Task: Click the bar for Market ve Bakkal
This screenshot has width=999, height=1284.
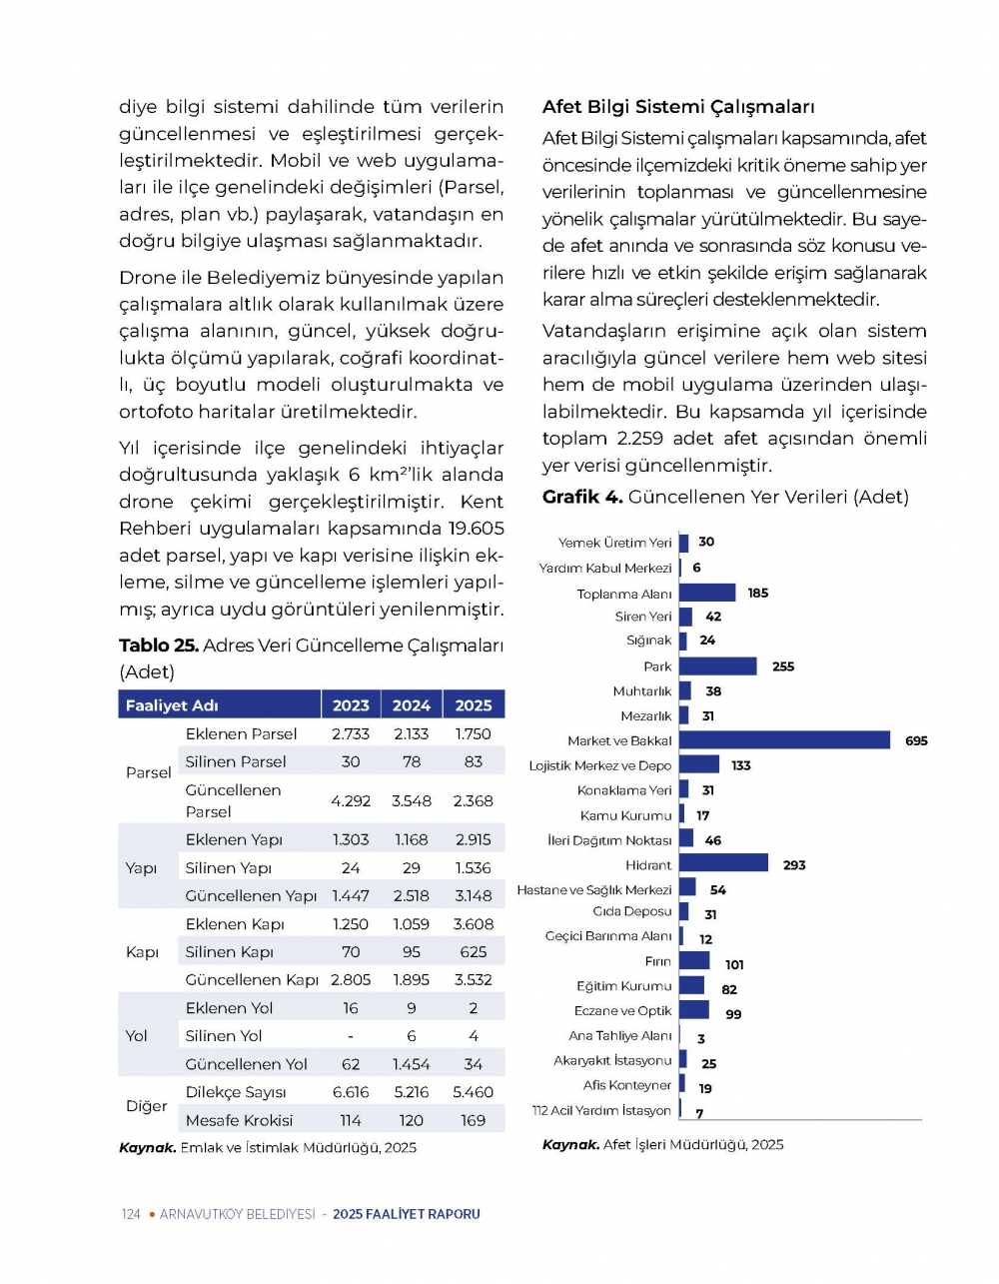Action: (784, 740)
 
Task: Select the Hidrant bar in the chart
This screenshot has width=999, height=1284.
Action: (723, 864)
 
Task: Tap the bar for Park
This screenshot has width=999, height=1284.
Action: (717, 666)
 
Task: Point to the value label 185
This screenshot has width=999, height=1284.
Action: (758, 594)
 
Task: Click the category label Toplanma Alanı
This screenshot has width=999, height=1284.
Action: (624, 595)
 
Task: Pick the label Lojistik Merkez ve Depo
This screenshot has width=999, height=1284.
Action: (600, 766)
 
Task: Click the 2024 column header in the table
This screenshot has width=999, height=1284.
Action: (412, 705)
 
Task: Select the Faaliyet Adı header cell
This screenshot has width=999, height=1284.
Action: (172, 705)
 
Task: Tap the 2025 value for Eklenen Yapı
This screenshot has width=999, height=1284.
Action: (474, 840)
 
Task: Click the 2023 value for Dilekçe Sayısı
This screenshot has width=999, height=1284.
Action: (351, 1093)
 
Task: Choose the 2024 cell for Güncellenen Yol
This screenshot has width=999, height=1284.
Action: (412, 1065)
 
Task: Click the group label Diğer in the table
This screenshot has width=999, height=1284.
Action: (147, 1107)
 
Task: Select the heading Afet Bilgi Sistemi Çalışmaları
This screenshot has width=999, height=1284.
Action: (678, 107)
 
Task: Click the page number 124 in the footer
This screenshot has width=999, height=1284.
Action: (131, 1215)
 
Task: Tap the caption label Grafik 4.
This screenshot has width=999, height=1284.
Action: (582, 498)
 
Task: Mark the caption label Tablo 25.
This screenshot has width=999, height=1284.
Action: (158, 646)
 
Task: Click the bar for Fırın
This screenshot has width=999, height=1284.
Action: (694, 961)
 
